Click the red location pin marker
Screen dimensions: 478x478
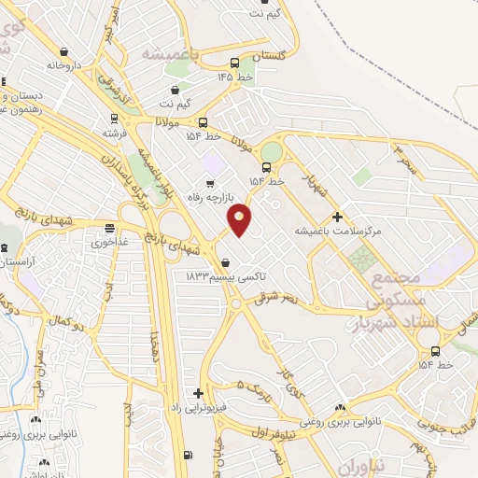click(240, 218)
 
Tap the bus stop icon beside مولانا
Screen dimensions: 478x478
click(203, 122)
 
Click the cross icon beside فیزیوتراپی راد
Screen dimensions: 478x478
click(198, 393)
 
